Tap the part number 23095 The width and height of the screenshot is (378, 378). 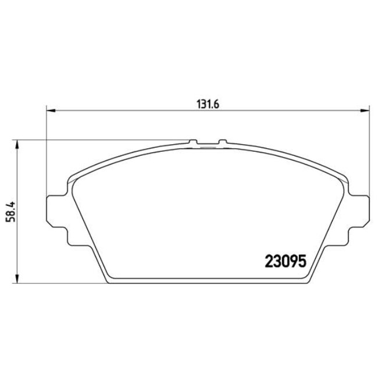pyautogui.click(x=286, y=261)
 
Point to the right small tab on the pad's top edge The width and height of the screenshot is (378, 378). pyautogui.click(x=222, y=142)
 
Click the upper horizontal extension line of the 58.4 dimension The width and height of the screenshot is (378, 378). pyautogui.click(x=105, y=140)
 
